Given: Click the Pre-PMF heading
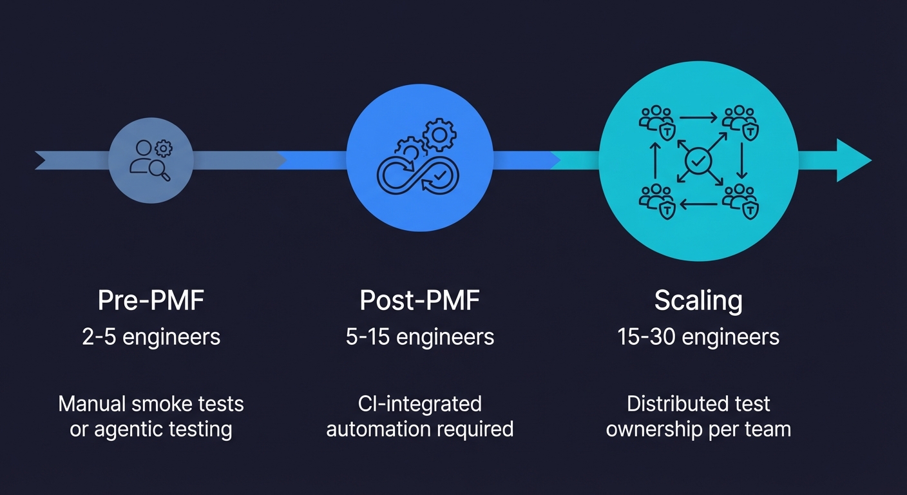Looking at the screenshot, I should [x=151, y=301].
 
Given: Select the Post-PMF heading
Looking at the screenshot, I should [x=420, y=301].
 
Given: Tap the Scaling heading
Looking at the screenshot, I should [x=698, y=301].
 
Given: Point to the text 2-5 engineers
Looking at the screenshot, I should [x=151, y=336].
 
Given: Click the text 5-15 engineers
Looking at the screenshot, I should [x=420, y=336].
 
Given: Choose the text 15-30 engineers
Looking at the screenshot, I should [x=698, y=336].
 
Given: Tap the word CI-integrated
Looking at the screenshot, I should [x=420, y=404].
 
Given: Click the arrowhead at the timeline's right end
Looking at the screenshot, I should [x=854, y=160].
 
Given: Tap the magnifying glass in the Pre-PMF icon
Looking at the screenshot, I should [x=161, y=171].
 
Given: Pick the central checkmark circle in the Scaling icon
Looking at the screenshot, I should [x=698, y=161].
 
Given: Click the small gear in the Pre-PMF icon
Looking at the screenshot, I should [x=165, y=149].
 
